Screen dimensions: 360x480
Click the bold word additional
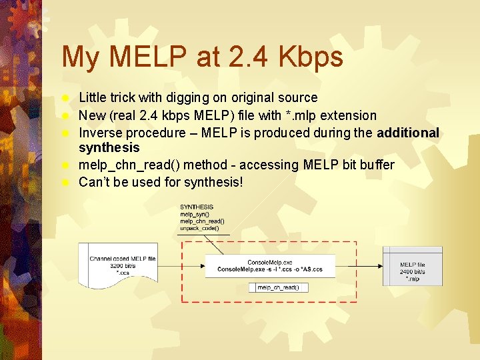408,133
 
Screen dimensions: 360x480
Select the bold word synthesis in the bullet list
109,147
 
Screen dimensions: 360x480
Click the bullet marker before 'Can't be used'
65,182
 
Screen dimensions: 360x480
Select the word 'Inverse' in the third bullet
100,133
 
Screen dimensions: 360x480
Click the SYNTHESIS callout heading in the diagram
197,207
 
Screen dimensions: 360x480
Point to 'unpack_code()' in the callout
199,228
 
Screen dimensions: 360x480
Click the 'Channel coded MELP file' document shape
123,265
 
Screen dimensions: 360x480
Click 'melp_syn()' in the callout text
195,214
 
